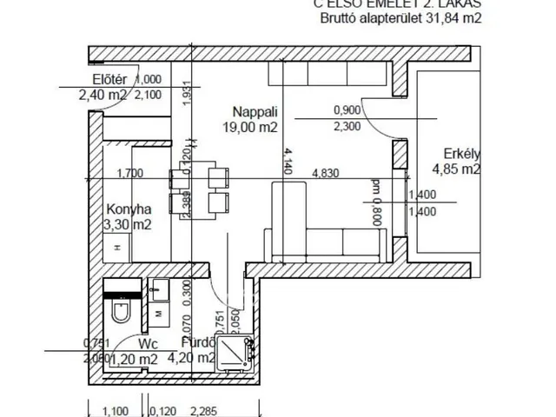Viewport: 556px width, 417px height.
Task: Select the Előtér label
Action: point(99,80)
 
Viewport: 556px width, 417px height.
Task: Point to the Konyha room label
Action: point(129,209)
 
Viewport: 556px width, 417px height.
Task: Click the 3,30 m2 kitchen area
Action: point(127,225)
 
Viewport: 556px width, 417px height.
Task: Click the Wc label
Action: point(145,344)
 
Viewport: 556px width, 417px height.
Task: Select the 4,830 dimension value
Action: point(329,173)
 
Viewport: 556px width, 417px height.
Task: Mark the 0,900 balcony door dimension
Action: point(347,110)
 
